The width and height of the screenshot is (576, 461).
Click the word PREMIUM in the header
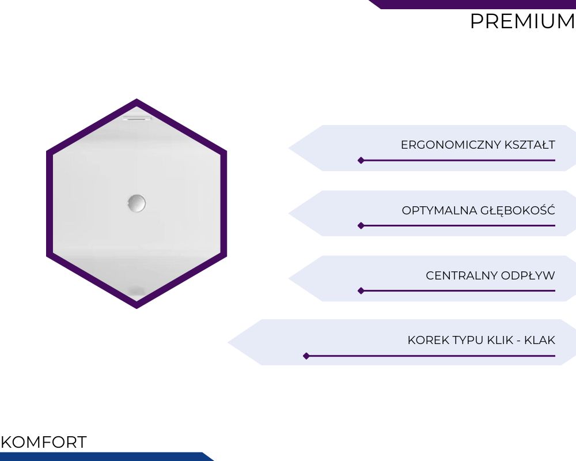click(x=523, y=21)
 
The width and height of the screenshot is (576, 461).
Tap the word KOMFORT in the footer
click(x=44, y=442)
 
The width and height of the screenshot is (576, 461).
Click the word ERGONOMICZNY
click(x=451, y=145)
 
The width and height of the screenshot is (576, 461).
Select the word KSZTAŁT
click(x=530, y=145)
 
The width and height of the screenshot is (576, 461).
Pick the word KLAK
click(x=540, y=341)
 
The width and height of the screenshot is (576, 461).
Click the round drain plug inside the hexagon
click(x=137, y=203)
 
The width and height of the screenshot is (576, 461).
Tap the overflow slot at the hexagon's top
click(x=137, y=118)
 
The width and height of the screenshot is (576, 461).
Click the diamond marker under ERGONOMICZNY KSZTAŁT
click(x=361, y=160)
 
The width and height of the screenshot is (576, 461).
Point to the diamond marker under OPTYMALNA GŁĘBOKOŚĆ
click(x=361, y=225)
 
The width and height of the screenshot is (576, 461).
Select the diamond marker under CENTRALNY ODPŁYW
click(x=361, y=291)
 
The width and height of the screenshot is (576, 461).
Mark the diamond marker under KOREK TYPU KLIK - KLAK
click(x=306, y=356)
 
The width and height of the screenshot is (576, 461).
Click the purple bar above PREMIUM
click(x=472, y=5)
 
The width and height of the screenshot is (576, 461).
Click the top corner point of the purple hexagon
click(x=137, y=99)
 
